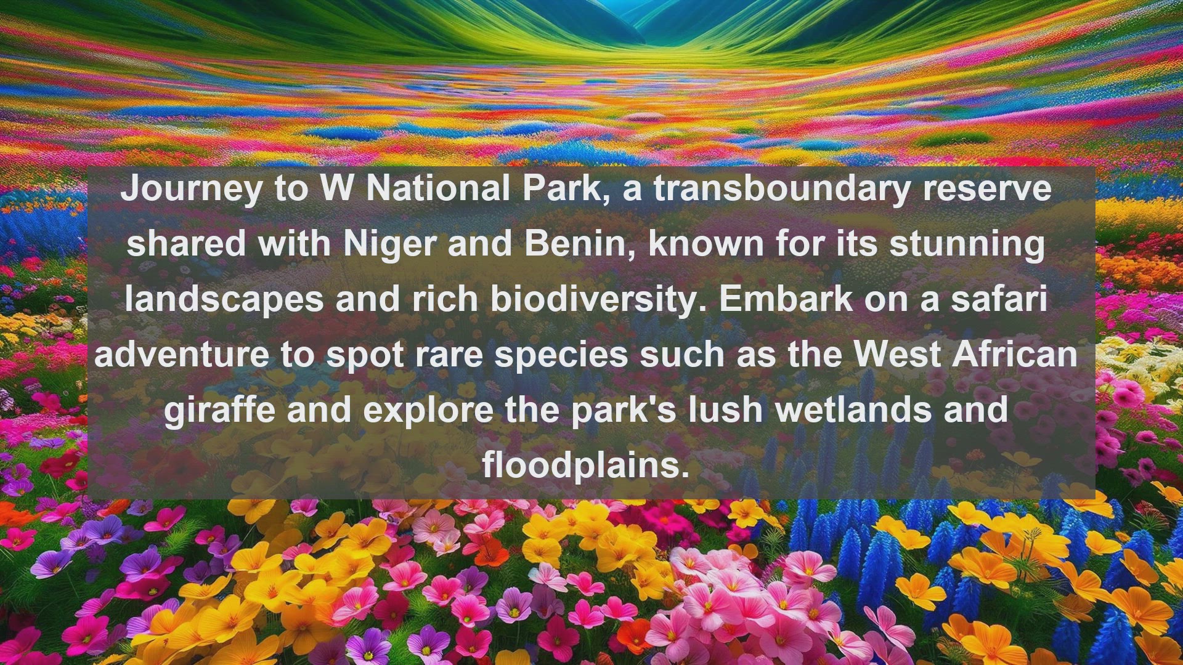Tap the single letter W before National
(336, 188)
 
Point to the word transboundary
(781, 190)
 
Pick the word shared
(185, 244)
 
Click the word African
(1015, 355)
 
